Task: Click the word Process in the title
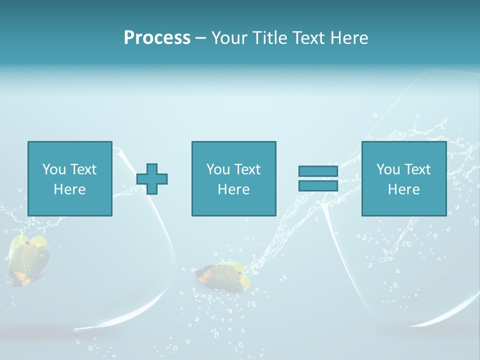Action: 157,37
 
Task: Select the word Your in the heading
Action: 229,37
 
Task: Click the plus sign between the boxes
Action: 152,178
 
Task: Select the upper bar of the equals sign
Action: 318,171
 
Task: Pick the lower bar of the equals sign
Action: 318,185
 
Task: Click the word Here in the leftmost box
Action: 69,189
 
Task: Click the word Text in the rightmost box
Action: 417,169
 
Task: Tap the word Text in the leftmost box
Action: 83,169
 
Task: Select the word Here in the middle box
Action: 233,189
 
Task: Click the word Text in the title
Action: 306,37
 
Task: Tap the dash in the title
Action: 200,38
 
